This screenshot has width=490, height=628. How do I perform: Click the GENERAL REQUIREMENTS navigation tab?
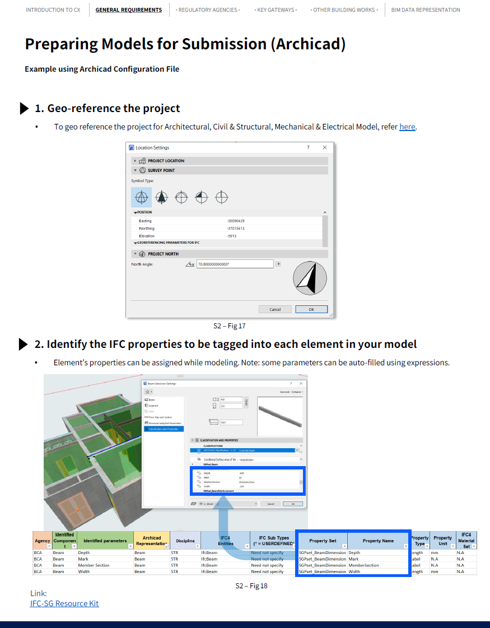(128, 10)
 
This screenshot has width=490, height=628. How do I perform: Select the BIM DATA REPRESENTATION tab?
(426, 10)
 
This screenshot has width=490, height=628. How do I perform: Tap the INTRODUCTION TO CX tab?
(53, 10)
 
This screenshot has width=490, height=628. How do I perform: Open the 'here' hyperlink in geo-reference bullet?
(407, 127)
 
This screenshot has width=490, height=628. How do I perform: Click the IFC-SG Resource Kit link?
(64, 603)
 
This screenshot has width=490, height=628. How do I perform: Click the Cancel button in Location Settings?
(275, 309)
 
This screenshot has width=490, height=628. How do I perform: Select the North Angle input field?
(235, 264)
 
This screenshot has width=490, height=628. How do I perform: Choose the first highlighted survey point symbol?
(142, 197)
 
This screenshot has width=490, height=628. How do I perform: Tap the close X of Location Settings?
(325, 148)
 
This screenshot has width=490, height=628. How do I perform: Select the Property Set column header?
(322, 541)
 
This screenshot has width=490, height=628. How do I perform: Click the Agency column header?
(42, 541)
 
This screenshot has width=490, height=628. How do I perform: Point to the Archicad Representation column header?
(151, 541)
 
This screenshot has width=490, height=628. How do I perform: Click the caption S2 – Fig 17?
(229, 325)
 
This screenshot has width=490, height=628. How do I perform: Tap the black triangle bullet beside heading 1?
(24, 109)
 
